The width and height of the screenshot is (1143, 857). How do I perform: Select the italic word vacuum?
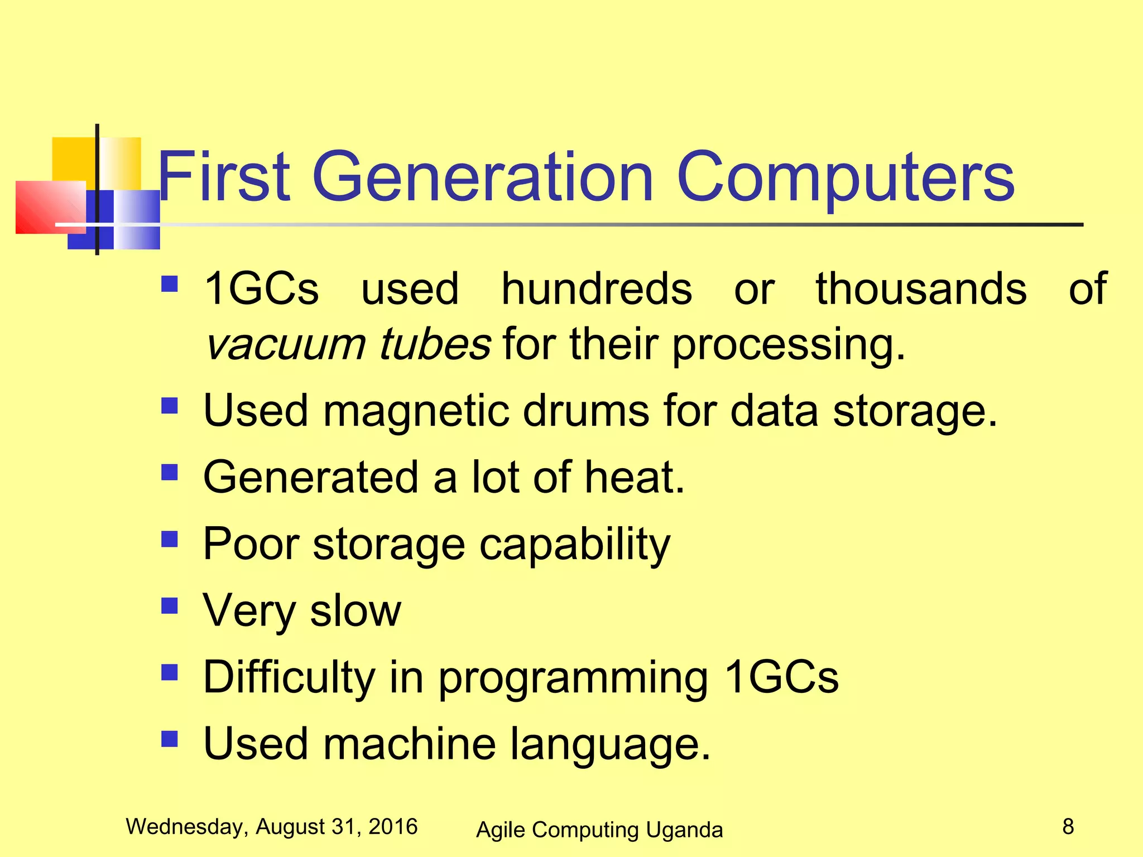coord(285,345)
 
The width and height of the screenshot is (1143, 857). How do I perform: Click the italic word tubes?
coord(435,344)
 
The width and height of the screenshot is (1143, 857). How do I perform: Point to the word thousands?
coord(921,288)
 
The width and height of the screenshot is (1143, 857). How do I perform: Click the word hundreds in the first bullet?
coord(596,288)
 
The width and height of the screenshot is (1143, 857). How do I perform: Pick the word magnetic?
coord(416,411)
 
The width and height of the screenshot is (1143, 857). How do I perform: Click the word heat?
coord(635,477)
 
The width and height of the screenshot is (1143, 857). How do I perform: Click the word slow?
coord(355,610)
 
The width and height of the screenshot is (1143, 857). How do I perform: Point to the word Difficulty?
coord(289,677)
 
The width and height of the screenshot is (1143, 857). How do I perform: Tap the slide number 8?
coord(1068,826)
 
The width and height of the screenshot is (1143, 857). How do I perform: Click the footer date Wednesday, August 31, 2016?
coord(271,826)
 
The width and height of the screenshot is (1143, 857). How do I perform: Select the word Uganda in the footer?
coord(684,830)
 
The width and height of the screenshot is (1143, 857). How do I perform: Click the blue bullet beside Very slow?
coord(169,605)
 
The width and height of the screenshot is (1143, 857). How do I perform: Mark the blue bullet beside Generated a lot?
coord(169,473)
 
